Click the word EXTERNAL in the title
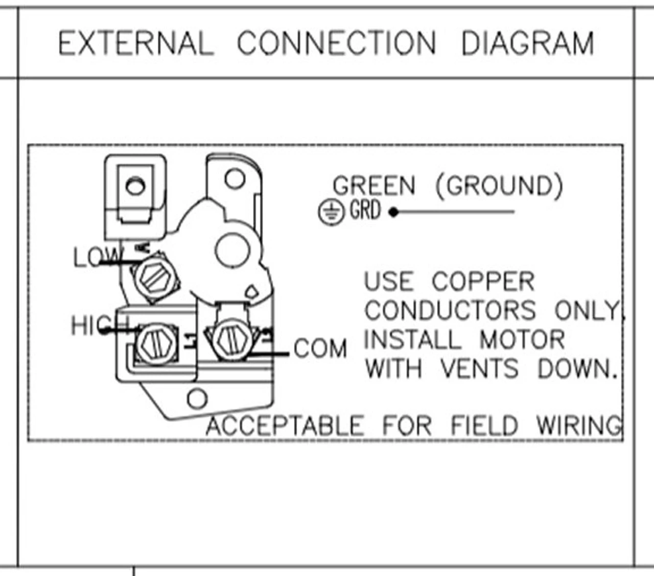[135, 43]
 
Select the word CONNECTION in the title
[337, 43]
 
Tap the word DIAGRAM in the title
[527, 43]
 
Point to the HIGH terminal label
[100, 325]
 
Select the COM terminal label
[320, 349]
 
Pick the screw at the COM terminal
[230, 337]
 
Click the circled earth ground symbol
[331, 212]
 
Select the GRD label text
[365, 210]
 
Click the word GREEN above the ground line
[374, 186]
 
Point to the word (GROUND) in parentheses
[499, 186]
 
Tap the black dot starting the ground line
[393, 212]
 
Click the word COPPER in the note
[483, 282]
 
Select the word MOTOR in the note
[522, 340]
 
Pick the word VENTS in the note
[479, 368]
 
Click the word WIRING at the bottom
[579, 425]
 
